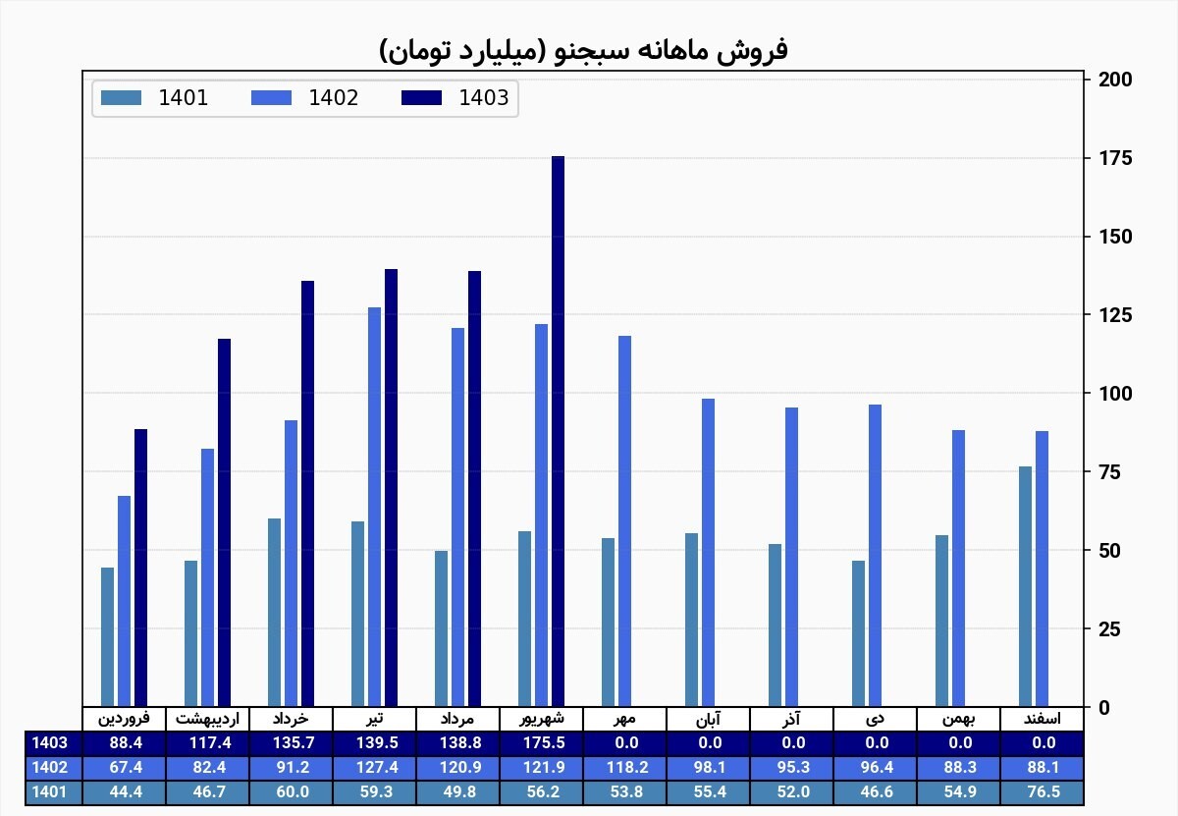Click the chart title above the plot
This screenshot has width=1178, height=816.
583,51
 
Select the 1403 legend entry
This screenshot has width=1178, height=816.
455,98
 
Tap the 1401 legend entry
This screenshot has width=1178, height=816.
155,98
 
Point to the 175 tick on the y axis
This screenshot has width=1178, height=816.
1115,158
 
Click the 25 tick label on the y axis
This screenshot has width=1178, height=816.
1109,628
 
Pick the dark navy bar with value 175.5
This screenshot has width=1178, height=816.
558,431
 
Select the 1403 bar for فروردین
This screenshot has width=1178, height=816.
141,568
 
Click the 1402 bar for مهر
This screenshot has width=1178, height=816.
624,520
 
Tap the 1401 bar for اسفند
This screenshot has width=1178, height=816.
1025,586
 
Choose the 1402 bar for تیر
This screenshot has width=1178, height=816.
374,507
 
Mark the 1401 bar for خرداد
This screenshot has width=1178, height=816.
274,613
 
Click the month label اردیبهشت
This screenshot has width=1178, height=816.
207,719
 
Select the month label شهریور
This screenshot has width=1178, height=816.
542,719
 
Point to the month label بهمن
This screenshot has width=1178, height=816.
958,719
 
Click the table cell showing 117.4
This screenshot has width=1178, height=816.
210,743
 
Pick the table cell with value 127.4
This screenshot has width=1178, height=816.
377,768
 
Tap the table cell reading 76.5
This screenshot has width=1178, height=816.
1044,792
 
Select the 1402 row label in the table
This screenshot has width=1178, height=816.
49,768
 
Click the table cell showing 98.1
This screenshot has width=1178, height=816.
710,768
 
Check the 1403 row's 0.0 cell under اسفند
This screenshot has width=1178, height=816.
1044,743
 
